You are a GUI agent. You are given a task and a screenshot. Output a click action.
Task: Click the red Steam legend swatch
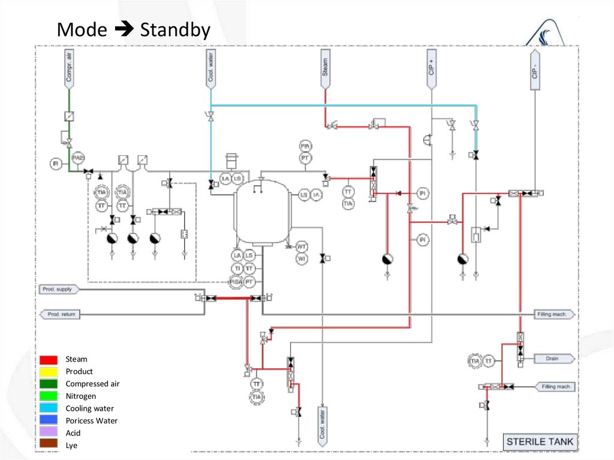click(49, 360)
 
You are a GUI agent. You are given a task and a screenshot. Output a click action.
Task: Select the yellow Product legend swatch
click(49, 372)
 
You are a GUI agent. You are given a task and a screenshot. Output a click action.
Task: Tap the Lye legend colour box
click(49, 445)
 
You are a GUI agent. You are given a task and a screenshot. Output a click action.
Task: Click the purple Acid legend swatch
click(49, 433)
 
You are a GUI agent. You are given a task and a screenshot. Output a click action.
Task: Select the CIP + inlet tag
click(431, 70)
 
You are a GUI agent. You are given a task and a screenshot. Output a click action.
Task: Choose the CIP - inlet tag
click(534, 70)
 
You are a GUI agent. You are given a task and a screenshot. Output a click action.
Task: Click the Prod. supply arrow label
click(58, 290)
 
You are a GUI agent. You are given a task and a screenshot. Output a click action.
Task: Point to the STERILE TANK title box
click(540, 442)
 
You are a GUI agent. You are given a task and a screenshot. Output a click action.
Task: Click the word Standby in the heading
click(175, 30)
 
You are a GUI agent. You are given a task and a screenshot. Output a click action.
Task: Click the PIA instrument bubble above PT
click(305, 146)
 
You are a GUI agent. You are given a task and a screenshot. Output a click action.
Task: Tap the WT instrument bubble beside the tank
click(302, 246)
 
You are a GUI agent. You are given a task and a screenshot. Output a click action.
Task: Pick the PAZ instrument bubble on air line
click(78, 158)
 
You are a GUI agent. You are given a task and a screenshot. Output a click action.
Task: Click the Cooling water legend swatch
click(49, 408)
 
